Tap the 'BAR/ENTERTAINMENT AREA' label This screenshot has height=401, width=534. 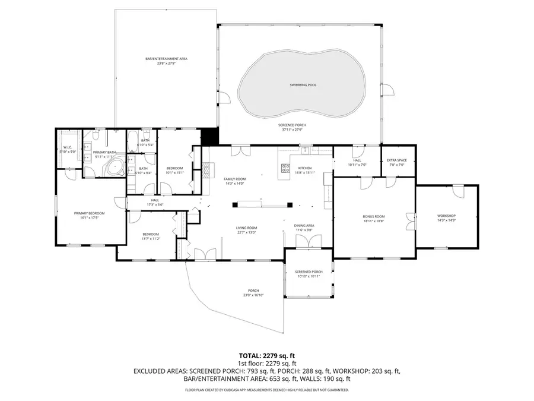(167, 59)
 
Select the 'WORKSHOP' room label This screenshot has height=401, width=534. (446, 216)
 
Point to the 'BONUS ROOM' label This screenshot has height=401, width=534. (374, 216)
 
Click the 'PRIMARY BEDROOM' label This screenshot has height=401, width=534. (89, 213)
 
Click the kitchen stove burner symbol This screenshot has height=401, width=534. (284, 168)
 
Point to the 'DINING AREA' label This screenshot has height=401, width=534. (304, 226)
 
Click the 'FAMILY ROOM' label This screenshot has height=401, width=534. (234, 179)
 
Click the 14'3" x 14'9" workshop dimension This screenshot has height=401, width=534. (446, 220)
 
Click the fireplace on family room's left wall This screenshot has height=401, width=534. (206, 170)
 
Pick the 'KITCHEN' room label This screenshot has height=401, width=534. (304, 168)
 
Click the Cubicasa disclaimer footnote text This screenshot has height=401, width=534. (266, 390)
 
